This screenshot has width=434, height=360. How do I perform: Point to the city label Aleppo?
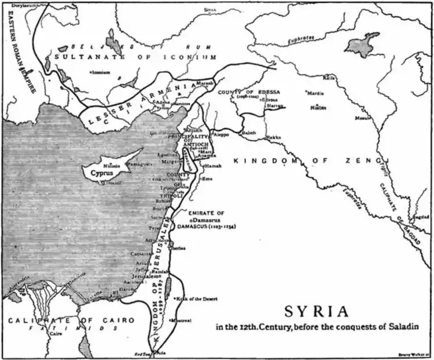click(222, 134)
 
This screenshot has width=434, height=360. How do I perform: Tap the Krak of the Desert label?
click(199, 299)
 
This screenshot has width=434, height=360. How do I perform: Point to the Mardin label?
click(315, 92)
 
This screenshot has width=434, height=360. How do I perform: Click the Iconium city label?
click(100, 72)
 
